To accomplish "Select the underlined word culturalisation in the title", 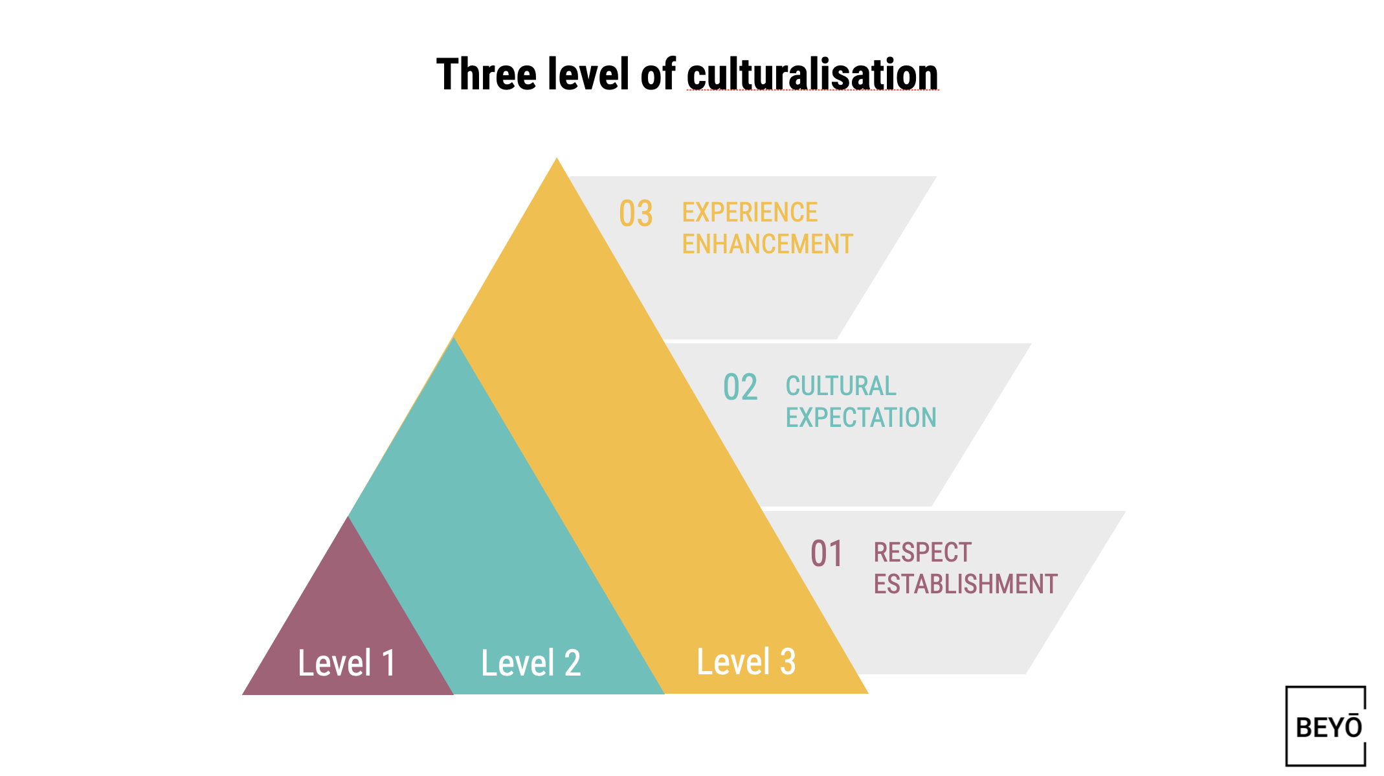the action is [812, 74].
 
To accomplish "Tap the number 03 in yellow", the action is [635, 214].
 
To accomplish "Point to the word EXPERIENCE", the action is [750, 212].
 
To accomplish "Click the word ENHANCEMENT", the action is [767, 244].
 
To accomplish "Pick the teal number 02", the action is [740, 387].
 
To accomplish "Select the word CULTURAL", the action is [840, 386].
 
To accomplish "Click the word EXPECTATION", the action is [861, 418].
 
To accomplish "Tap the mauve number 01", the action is [827, 554].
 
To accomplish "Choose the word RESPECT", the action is [922, 553].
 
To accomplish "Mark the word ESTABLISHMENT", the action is [965, 584].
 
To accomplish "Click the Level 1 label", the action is [346, 663].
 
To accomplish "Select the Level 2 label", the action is [531, 663].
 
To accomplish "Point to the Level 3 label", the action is [746, 661].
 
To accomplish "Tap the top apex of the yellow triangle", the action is [557, 161].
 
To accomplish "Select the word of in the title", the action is [658, 74].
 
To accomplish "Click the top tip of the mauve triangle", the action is [349, 519].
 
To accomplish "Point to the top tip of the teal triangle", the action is [454, 340].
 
